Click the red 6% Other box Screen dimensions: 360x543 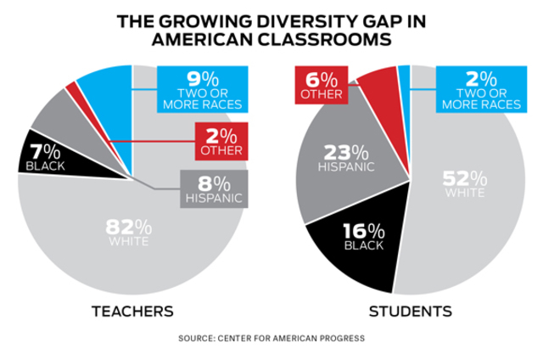316,85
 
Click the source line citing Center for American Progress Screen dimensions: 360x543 271,339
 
